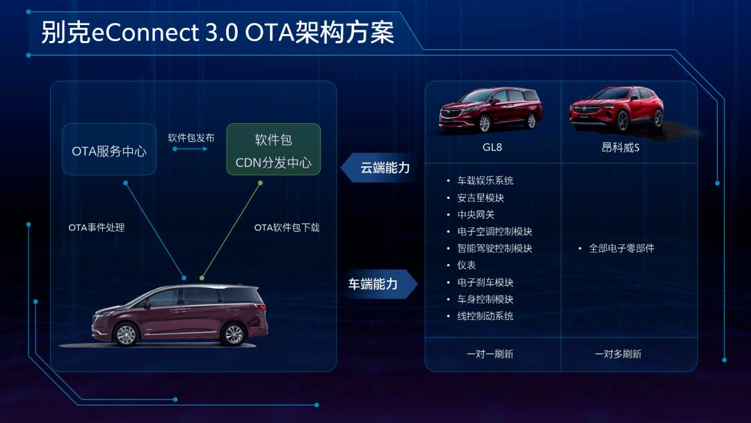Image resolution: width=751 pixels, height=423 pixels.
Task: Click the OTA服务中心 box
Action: click(x=109, y=149)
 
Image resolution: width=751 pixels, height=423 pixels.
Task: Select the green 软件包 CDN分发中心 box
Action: click(x=273, y=149)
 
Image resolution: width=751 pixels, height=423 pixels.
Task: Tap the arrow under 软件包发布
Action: click(x=190, y=149)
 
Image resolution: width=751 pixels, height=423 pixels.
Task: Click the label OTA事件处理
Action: click(x=96, y=228)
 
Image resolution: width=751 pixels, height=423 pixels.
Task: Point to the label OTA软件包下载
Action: click(x=286, y=228)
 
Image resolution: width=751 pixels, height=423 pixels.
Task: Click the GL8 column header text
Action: click(x=492, y=147)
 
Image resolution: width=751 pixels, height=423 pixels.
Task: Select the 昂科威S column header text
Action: click(x=620, y=147)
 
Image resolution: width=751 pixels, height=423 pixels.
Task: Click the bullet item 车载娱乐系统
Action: click(x=485, y=181)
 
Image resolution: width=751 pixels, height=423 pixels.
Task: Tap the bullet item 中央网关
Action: click(x=476, y=214)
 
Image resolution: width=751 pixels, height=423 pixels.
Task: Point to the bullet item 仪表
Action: click(x=467, y=265)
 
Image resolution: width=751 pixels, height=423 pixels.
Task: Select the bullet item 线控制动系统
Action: click(x=485, y=316)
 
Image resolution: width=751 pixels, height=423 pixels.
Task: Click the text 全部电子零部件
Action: click(x=621, y=248)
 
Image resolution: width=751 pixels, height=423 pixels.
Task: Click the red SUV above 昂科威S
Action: click(x=616, y=109)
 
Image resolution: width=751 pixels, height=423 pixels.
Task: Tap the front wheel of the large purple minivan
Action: click(x=127, y=334)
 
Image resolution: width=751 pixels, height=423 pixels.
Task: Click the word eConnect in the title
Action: click(x=145, y=33)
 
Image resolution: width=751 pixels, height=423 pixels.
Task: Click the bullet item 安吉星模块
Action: click(x=481, y=198)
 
